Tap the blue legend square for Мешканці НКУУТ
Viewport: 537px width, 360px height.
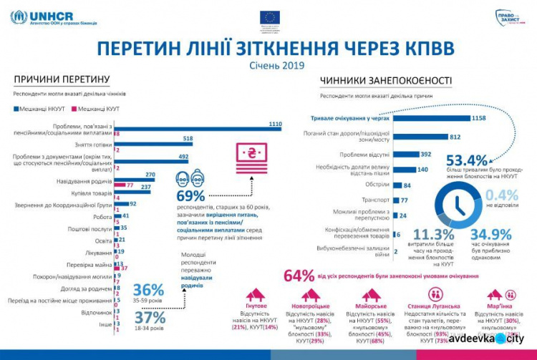coord(15,108)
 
